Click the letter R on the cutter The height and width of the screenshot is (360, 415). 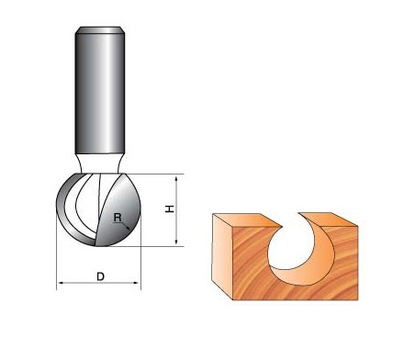pyautogui.click(x=118, y=218)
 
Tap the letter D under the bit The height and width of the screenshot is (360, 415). pyautogui.click(x=100, y=276)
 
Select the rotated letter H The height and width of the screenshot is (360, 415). pyautogui.click(x=170, y=208)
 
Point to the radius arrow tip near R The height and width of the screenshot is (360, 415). pyautogui.click(x=129, y=229)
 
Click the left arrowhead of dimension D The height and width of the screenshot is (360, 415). pyautogui.click(x=61, y=283)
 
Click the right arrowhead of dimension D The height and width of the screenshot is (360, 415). pyautogui.click(x=137, y=283)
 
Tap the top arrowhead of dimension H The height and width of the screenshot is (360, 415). pyautogui.click(x=176, y=178)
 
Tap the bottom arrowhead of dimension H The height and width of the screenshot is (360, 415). pyautogui.click(x=176, y=242)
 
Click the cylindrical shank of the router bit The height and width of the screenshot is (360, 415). pyautogui.click(x=100, y=92)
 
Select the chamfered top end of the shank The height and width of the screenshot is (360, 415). pyautogui.click(x=100, y=30)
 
